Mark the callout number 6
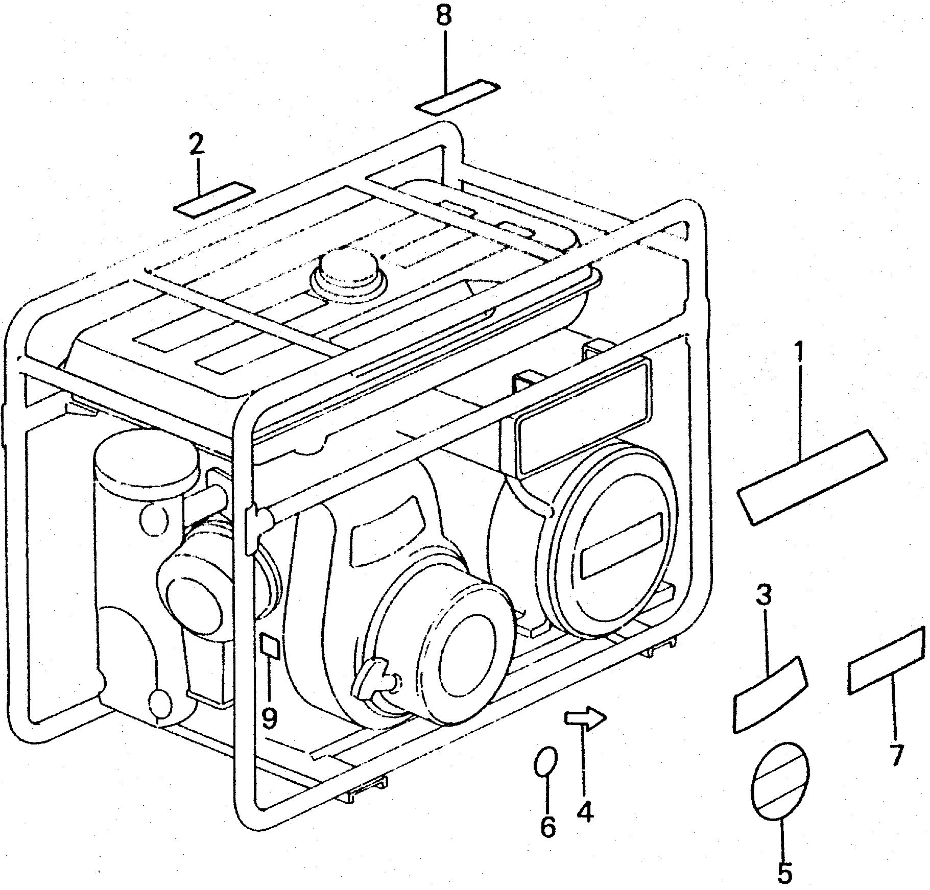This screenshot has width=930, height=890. pos(547,826)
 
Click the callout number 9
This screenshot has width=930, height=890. pos(269,718)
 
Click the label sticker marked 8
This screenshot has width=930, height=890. pos(458,95)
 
